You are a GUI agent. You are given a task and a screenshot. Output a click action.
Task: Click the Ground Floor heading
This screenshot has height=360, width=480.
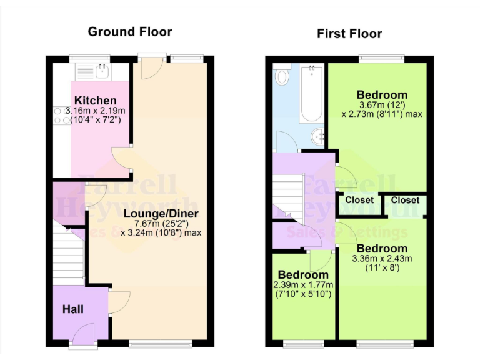point(129,31)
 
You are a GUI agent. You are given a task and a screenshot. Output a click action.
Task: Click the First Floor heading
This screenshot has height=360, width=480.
point(349,34)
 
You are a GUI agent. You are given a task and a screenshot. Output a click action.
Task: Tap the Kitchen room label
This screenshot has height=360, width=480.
point(95,101)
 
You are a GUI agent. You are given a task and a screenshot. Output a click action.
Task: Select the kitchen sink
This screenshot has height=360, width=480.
point(102,70)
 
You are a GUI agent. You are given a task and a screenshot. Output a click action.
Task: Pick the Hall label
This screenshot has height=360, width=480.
point(73,309)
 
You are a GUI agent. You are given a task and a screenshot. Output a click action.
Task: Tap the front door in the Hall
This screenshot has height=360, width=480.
point(84,336)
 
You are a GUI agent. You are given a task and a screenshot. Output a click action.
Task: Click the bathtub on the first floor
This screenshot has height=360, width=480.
point(311,94)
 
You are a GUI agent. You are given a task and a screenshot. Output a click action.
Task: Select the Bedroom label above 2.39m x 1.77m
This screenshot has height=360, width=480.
point(303,275)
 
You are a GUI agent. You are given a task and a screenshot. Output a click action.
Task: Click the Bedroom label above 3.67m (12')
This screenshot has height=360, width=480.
point(382,96)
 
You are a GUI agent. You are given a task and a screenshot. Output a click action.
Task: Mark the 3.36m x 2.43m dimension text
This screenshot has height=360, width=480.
point(382,258)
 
